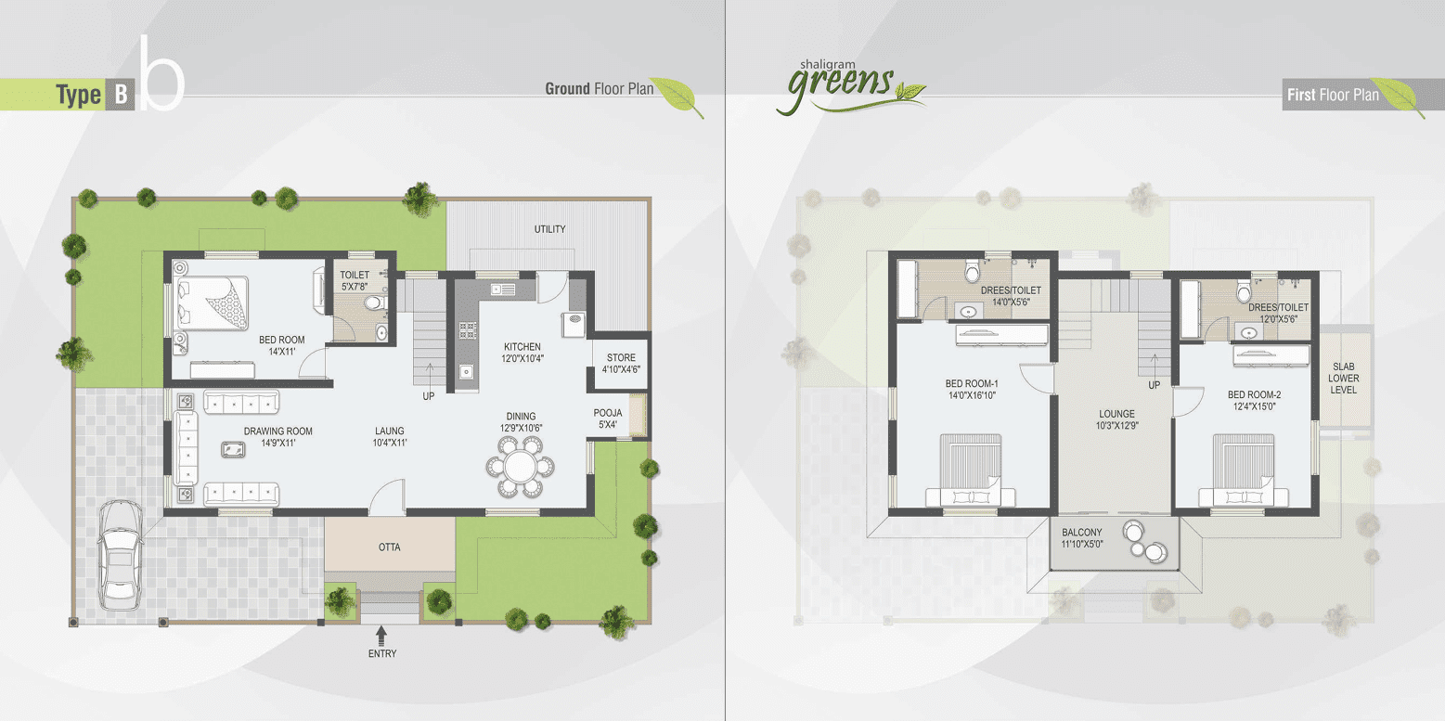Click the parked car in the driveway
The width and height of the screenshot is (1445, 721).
[x=120, y=555]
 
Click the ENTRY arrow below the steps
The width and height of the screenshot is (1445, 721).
[x=381, y=635]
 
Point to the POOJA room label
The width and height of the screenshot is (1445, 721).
[x=608, y=419]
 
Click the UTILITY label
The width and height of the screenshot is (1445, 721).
[x=550, y=229]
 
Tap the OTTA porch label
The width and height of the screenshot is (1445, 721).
[x=390, y=547]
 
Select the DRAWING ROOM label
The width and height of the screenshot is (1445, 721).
[x=278, y=437]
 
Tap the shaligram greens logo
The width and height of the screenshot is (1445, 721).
[x=845, y=85]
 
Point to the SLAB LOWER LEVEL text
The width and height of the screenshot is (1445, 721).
[x=1343, y=378]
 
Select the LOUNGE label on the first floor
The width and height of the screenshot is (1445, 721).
[x=1116, y=420]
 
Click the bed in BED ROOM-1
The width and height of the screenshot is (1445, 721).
[x=971, y=469]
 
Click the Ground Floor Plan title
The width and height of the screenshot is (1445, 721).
[x=599, y=89]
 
